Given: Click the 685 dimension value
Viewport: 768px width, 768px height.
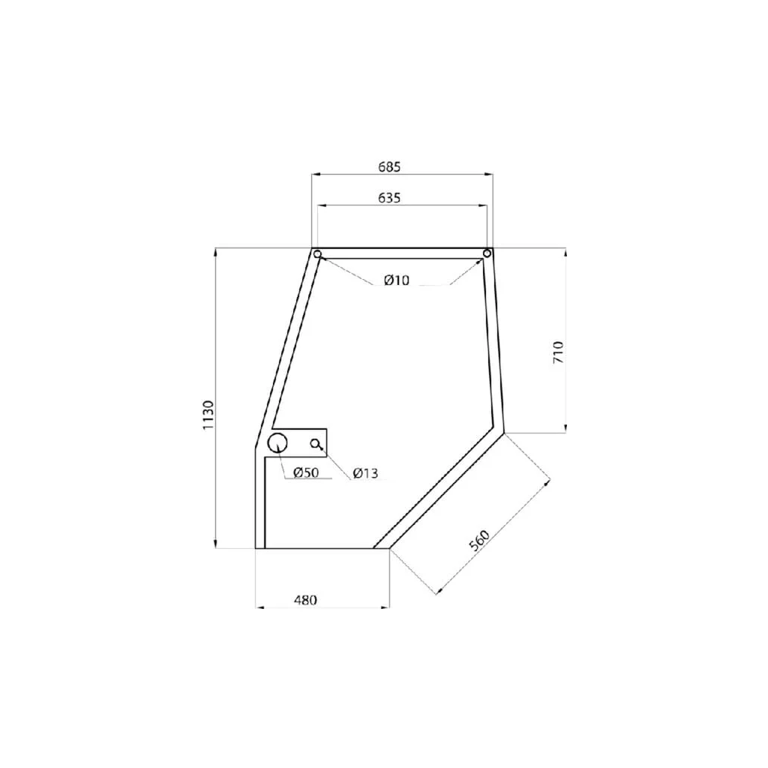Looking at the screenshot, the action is point(389,167).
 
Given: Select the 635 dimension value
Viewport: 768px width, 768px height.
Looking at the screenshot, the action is point(389,198).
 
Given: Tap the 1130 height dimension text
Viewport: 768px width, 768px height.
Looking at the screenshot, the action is point(208,415).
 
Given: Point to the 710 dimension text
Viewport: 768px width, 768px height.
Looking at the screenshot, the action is point(558,352).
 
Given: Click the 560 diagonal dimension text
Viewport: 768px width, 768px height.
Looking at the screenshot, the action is point(479,540).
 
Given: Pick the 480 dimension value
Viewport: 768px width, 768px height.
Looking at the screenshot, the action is point(306,600).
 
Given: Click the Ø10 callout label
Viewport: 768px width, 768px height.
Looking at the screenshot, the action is point(397,280).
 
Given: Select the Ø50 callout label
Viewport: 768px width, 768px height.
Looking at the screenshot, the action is point(306,472).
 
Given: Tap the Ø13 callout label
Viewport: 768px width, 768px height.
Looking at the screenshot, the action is point(365,473).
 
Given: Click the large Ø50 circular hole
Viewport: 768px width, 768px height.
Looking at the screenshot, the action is point(277,442).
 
